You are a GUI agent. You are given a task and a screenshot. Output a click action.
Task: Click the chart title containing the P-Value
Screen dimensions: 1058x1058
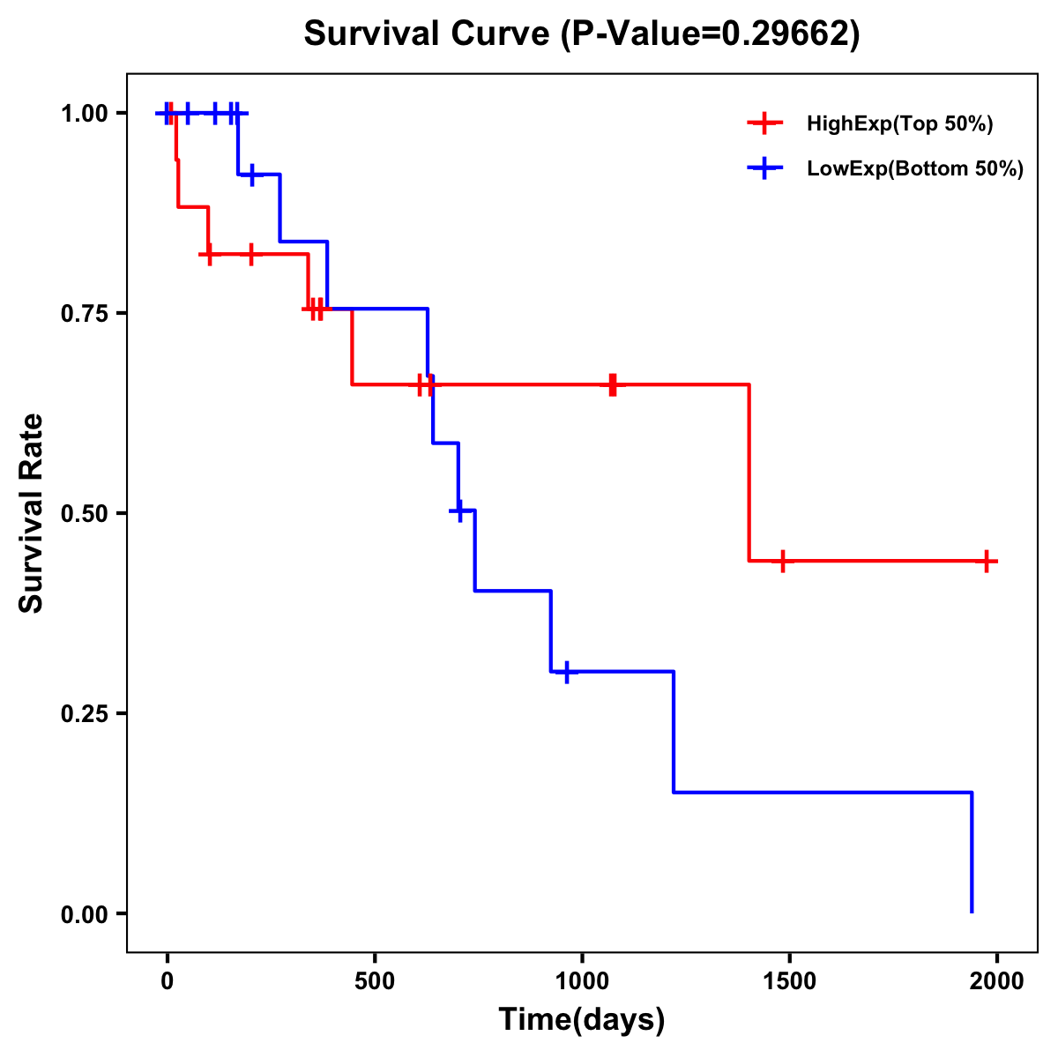(581, 34)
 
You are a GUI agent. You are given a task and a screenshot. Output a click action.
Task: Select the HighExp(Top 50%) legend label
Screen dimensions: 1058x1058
(899, 124)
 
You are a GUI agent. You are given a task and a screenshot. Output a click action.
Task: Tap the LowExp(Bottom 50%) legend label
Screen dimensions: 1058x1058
(915, 169)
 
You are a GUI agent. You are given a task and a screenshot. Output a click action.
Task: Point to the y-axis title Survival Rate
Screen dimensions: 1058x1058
(32, 512)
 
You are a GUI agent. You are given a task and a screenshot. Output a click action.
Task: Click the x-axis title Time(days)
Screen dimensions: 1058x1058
(582, 1019)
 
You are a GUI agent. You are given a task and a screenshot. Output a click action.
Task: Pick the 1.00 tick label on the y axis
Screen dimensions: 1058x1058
(84, 114)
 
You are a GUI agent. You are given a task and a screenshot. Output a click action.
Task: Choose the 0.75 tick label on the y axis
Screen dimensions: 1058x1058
(84, 313)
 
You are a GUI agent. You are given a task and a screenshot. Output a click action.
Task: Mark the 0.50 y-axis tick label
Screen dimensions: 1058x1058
(84, 513)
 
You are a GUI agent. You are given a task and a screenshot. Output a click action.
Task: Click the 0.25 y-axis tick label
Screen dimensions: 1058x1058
(84, 713)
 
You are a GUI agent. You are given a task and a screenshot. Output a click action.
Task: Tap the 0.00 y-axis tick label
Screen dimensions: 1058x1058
(84, 913)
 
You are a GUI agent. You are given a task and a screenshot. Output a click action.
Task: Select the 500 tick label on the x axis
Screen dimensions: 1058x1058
(375, 982)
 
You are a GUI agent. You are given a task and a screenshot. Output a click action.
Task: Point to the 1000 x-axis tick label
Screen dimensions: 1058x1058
(582, 982)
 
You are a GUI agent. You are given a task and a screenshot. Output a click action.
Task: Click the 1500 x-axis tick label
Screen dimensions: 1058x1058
(789, 982)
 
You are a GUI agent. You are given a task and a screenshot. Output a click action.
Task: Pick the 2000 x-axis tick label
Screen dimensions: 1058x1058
(997, 982)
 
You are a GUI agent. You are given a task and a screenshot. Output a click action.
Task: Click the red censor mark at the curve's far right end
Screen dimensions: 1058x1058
(987, 561)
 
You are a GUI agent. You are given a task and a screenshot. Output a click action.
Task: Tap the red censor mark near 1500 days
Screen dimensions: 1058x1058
(782, 561)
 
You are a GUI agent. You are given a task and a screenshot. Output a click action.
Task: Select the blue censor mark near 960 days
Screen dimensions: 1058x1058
(566, 672)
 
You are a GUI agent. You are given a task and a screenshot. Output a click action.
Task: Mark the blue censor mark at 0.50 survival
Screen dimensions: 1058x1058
(458, 510)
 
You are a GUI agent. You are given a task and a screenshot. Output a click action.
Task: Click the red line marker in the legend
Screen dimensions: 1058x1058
(764, 124)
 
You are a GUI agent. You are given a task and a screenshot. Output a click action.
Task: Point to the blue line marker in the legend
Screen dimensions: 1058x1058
(764, 169)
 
